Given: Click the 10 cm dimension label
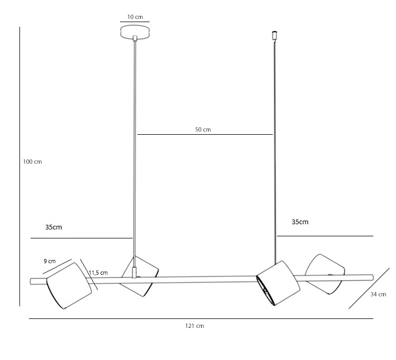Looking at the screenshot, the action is (x=135, y=17).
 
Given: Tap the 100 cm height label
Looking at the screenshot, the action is (x=32, y=162).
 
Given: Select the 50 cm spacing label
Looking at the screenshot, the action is (x=203, y=129).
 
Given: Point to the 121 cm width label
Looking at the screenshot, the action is (x=194, y=326).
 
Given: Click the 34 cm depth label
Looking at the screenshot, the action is (x=378, y=294).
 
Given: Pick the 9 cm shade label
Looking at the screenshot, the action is (x=49, y=261).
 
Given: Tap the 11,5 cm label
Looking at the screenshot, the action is (x=98, y=273).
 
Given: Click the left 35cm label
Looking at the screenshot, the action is (x=54, y=227).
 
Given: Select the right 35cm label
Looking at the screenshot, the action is (x=300, y=222).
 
